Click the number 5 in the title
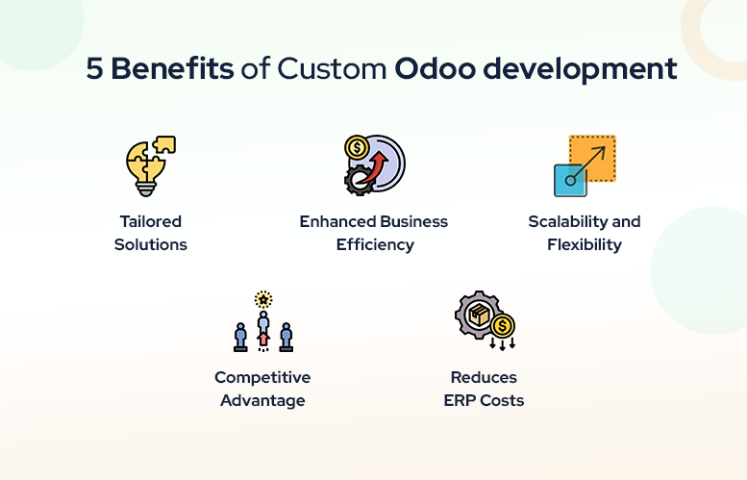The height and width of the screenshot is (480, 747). tap(94, 68)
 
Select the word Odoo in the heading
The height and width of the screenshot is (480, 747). tap(435, 68)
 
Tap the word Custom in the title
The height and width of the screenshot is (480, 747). tap(332, 68)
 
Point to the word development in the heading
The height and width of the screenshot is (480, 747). tap(580, 69)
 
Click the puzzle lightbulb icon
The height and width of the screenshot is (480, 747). tap(151, 165)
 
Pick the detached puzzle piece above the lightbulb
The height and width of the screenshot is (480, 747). tap(164, 144)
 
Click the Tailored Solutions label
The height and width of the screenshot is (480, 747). tap(151, 233)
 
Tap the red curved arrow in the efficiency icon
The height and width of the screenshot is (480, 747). tap(374, 167)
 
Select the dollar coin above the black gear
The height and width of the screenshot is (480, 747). tap(357, 148)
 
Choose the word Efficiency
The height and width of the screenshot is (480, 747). tap(375, 245)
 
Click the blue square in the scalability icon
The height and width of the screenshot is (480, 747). tap(570, 180)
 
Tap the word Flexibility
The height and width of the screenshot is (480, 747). tap(585, 245)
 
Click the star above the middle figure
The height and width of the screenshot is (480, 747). tap(263, 299)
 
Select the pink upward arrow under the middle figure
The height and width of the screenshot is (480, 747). tap(263, 339)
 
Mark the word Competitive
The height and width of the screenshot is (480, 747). tap(262, 377)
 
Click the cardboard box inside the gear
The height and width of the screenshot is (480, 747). tap(480, 315)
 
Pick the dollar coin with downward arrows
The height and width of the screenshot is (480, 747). tap(502, 331)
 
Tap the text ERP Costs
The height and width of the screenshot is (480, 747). tap(484, 400)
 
